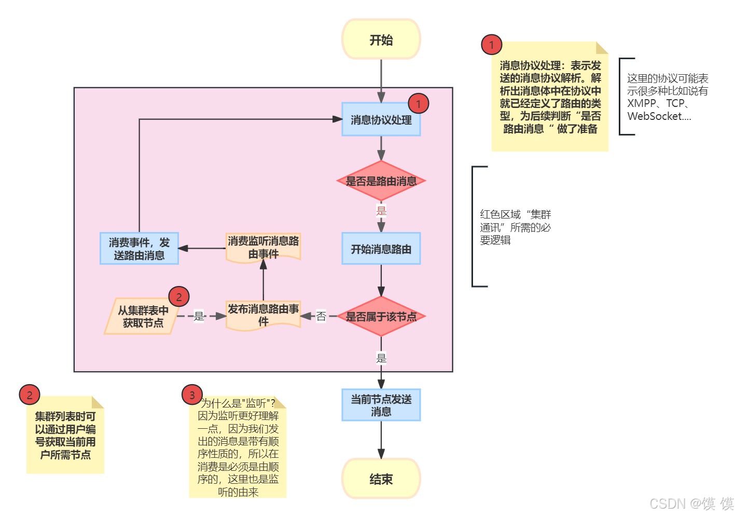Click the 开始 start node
tap(381, 39)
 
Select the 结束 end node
tap(381, 479)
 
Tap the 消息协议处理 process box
tap(381, 120)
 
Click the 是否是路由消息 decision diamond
tap(381, 181)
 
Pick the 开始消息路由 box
tap(381, 249)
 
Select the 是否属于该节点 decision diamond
tap(381, 317)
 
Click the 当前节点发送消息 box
tap(381, 405)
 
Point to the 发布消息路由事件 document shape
tap(263, 315)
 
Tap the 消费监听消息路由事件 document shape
tap(263, 247)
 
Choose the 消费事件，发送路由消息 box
tap(139, 249)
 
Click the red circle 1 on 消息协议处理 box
tap(418, 104)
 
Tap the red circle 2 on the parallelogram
tap(179, 297)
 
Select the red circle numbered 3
tap(192, 395)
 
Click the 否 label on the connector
tap(321, 316)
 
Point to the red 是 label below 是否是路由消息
tap(381, 210)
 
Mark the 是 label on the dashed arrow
tap(199, 316)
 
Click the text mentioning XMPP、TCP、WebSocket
tap(667, 97)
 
